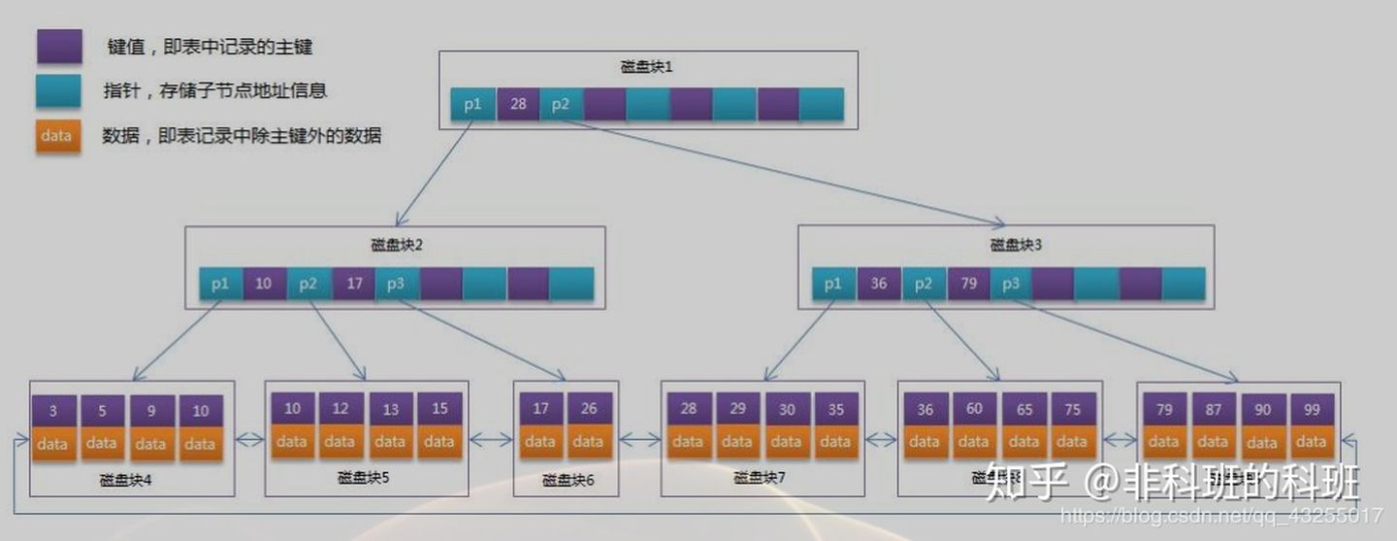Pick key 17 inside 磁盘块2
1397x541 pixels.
353,284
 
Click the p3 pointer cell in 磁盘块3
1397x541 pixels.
1011,284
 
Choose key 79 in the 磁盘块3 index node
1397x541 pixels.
968,284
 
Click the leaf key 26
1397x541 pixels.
589,409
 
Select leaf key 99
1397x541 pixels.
1313,410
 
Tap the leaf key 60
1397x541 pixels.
973,410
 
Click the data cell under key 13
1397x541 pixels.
390,442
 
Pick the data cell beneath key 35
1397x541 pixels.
834,442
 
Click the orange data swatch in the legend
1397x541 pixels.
57,136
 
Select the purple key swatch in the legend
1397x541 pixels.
58,46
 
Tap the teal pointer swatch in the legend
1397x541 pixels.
58,90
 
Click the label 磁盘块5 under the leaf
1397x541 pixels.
366,478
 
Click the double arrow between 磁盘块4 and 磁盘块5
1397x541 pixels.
249,440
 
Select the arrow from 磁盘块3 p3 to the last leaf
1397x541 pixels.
1125,340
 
